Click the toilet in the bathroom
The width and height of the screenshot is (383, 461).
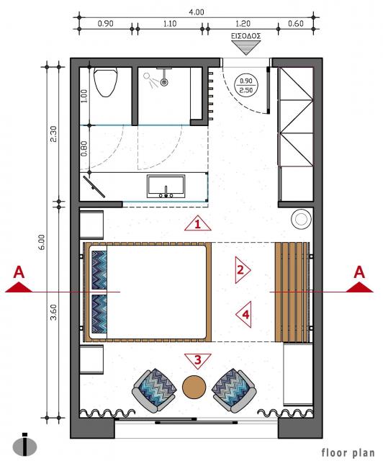point(105,82)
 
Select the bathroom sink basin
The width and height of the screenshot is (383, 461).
point(166,187)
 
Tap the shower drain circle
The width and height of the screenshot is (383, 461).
point(164,82)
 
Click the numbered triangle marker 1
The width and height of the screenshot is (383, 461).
point(198,223)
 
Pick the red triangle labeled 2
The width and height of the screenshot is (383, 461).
point(242,270)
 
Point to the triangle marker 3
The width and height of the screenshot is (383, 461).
point(198,361)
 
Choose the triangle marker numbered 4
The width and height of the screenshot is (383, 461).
point(244,315)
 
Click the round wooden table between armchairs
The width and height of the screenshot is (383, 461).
point(194,388)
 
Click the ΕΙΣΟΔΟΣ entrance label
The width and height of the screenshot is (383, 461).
point(245,36)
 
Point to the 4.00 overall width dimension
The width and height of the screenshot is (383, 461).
point(197,12)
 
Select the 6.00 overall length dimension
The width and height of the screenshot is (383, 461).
point(42,242)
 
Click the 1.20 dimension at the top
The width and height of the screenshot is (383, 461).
point(243,23)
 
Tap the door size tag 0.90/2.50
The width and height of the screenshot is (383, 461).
point(245,85)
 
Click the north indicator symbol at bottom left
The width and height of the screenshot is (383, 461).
point(25,445)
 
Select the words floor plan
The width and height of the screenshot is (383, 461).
point(348,452)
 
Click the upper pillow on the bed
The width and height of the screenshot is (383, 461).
point(99,270)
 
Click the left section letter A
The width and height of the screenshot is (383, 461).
point(19,272)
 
